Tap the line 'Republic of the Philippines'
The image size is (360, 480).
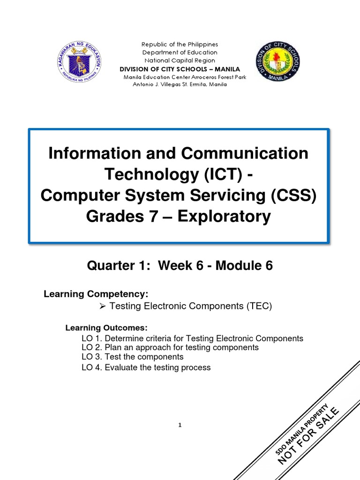[180, 45]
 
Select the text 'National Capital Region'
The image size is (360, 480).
[180, 60]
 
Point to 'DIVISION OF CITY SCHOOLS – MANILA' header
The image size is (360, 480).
[180, 69]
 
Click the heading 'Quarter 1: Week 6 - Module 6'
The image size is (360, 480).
[180, 266]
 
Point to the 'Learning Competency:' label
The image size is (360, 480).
[96, 294]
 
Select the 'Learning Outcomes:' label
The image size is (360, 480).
[106, 328]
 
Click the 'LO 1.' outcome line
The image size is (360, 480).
[192, 338]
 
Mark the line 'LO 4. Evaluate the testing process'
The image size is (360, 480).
[146, 367]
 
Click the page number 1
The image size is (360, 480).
[180, 425]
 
